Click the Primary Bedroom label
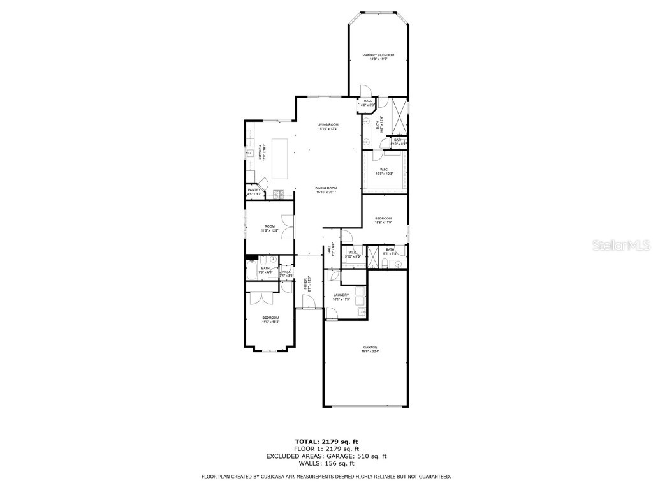click(378, 57)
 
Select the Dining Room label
click(326, 189)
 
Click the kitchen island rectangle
click(280, 158)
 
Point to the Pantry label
click(254, 191)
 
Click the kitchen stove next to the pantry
click(278, 194)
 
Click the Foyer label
click(306, 283)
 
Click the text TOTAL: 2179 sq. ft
click(326, 442)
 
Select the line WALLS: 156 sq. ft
click(326, 464)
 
